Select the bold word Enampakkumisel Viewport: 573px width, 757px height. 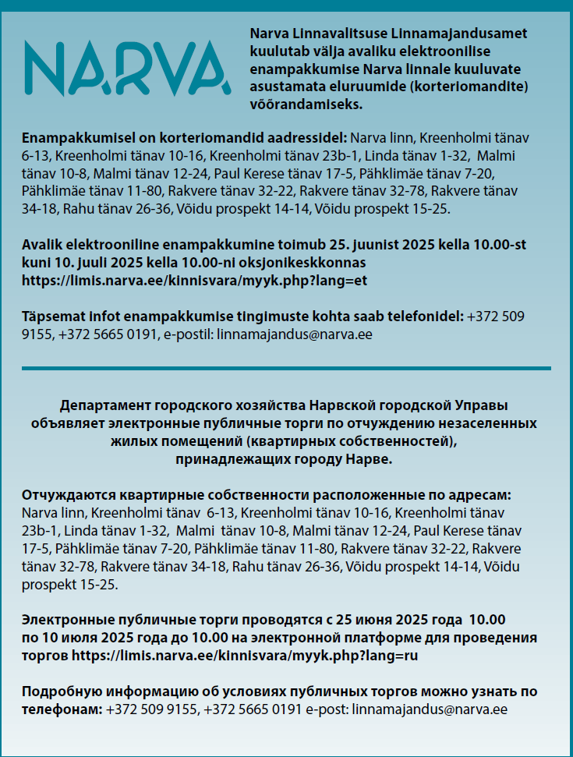72,138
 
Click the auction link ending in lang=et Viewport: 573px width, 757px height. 194,281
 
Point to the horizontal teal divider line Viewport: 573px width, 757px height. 286,368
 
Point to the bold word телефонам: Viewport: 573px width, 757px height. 62,709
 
